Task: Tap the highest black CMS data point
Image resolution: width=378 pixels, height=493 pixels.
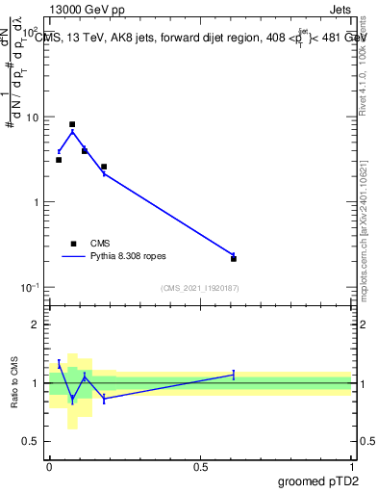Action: [72, 124]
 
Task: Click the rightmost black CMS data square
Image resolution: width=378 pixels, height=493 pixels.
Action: [234, 258]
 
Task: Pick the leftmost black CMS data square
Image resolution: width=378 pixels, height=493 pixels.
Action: [59, 160]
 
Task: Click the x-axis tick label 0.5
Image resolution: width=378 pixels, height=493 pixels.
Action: [200, 465]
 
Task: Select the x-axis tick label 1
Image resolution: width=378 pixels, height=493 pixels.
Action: [352, 465]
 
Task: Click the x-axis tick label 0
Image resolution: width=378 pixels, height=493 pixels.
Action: [49, 465]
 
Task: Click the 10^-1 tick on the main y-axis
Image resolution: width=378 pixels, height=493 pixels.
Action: [32, 288]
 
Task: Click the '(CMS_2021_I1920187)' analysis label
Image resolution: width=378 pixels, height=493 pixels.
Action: [200, 288]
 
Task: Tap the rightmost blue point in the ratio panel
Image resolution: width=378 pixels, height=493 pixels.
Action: [234, 374]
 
